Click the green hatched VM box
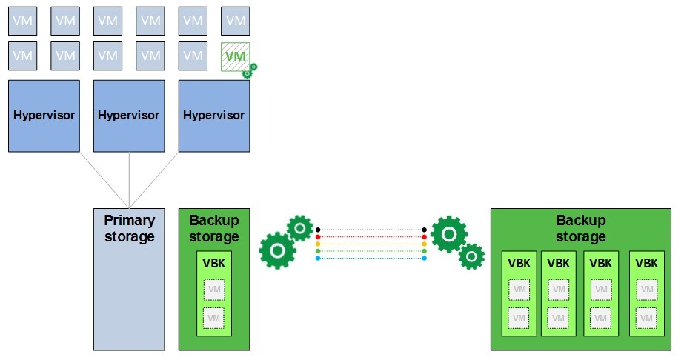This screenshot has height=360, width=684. (x=235, y=56)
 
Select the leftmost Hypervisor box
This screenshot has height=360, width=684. (x=44, y=116)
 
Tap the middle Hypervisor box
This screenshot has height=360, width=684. (x=129, y=116)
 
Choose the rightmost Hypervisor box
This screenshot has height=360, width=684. (x=214, y=116)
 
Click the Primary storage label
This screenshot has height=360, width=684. (x=129, y=228)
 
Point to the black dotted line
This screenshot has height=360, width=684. (x=371, y=230)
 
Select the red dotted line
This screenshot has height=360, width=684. (x=371, y=237)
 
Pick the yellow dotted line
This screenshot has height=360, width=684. (x=371, y=244)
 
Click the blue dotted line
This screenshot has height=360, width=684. (x=371, y=258)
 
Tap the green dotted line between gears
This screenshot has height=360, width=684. (x=371, y=251)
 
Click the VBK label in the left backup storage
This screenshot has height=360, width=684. (x=213, y=263)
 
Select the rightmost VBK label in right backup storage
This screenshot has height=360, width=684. (x=646, y=263)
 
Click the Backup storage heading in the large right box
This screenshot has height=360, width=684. (x=580, y=228)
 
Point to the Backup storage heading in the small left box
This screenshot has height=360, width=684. (x=213, y=228)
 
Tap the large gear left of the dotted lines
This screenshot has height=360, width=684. (x=277, y=250)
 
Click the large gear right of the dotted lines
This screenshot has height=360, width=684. (x=449, y=234)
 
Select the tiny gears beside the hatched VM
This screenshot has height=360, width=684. (x=250, y=71)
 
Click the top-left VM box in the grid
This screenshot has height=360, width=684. (x=22, y=21)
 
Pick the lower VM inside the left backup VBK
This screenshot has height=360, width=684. (x=213, y=318)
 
